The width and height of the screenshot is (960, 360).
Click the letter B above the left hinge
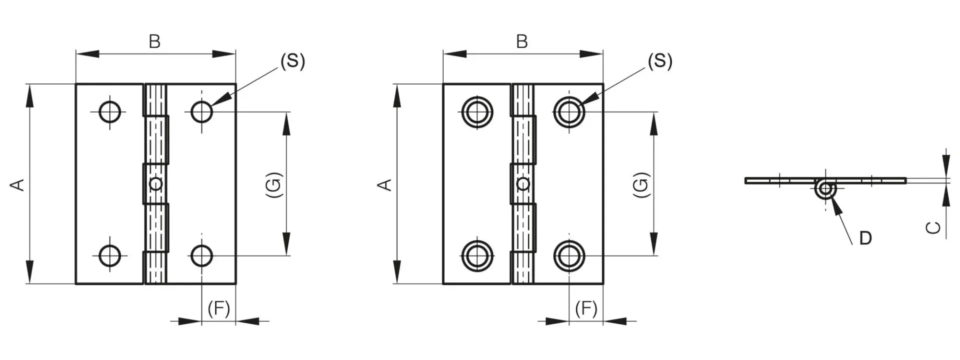154,41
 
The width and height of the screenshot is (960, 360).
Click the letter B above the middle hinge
521,41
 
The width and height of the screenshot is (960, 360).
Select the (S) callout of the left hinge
292,61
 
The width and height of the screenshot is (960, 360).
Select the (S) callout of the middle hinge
660,61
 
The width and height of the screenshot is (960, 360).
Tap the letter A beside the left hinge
17,184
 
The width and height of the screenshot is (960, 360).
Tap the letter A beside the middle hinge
384,184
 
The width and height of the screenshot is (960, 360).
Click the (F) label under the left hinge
219,309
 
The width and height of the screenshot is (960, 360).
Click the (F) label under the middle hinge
586,309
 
